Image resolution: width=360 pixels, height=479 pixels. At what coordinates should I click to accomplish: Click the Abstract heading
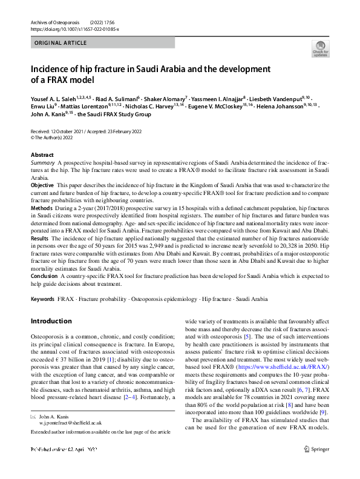coord(42,155)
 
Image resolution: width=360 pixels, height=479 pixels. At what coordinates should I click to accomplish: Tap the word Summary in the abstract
coord(42,164)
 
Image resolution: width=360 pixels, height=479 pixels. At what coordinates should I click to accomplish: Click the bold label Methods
coord(42,208)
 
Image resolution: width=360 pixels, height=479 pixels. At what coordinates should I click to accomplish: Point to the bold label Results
coord(41,239)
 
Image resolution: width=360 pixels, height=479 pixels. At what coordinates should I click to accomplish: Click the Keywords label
coord(43,299)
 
